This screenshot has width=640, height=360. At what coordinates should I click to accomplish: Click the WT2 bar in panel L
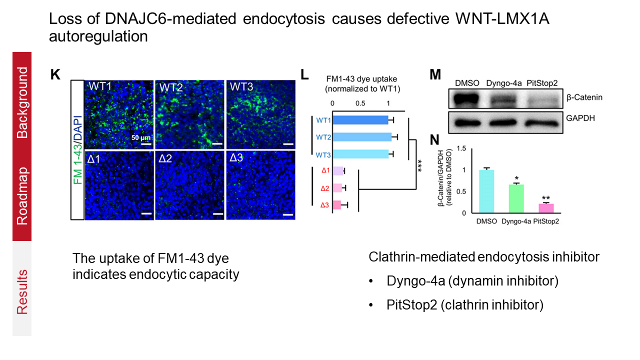click(362, 137)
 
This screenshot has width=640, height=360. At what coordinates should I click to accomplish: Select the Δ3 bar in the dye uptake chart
click(336, 205)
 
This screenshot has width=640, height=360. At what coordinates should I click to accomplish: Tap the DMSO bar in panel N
click(486, 191)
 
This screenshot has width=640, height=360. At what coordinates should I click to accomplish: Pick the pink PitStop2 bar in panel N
click(546, 208)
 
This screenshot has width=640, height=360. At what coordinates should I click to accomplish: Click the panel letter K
click(55, 75)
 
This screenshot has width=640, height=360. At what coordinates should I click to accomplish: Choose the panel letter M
click(435, 75)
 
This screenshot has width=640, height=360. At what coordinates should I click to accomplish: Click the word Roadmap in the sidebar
click(21, 196)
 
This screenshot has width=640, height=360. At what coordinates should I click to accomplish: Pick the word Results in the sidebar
click(21, 292)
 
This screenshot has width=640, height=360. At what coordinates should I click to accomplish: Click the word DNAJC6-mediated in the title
click(163, 19)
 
